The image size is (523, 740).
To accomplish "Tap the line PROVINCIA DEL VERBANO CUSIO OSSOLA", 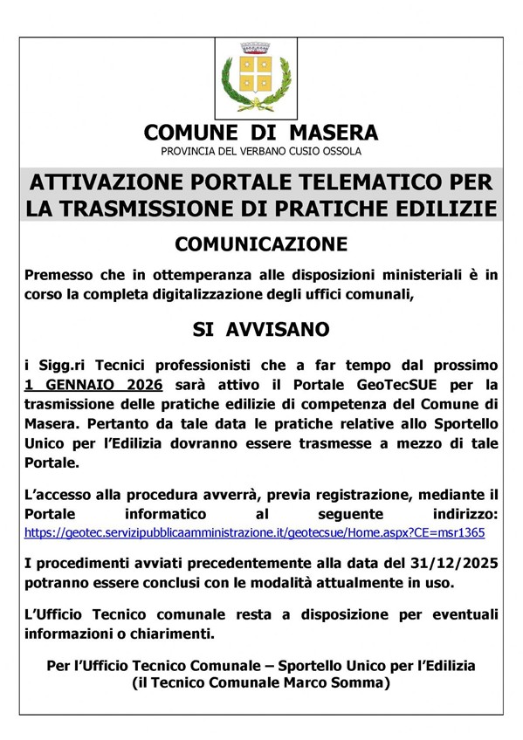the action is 260,152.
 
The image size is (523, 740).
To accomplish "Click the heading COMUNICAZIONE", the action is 260,243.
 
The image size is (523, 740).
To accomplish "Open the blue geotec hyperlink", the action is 254,531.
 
